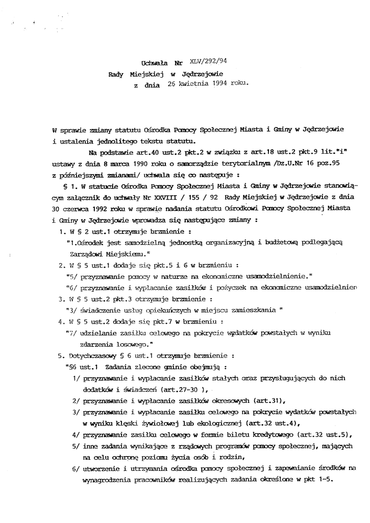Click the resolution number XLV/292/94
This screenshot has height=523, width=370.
pyautogui.click(x=209, y=61)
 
